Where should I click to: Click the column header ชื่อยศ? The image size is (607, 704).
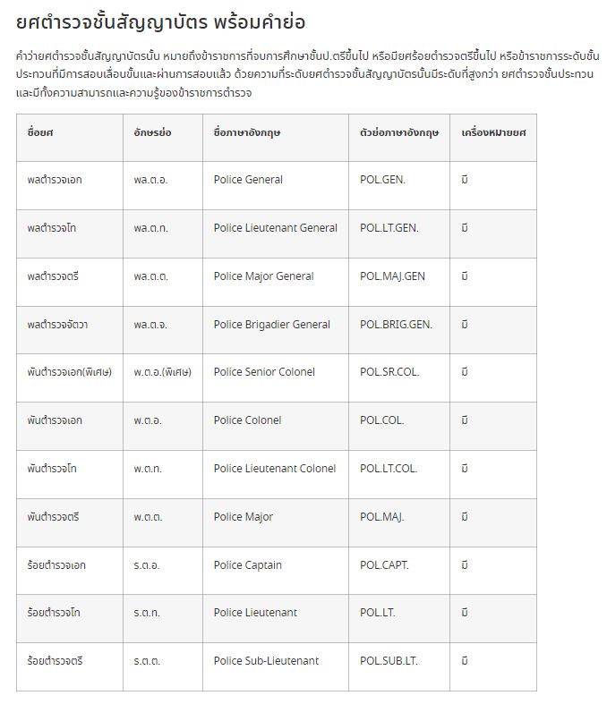[40, 132]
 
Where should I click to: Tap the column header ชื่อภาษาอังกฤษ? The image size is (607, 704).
[247, 132]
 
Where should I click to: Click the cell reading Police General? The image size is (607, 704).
[248, 180]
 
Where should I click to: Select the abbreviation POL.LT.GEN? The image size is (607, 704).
[389, 228]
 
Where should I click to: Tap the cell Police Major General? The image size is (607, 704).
[263, 276]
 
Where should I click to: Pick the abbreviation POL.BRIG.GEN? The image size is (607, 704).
[396, 325]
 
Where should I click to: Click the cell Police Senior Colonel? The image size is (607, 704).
[264, 372]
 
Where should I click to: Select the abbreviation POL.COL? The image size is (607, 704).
[382, 420]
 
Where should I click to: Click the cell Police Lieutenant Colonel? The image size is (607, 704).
[275, 469]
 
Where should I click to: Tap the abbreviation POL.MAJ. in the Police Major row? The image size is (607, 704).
[382, 517]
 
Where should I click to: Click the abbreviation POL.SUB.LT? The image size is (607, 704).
[389, 661]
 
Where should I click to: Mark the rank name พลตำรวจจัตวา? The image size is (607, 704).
[58, 325]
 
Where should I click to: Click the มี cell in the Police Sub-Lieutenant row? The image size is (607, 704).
[465, 661]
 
